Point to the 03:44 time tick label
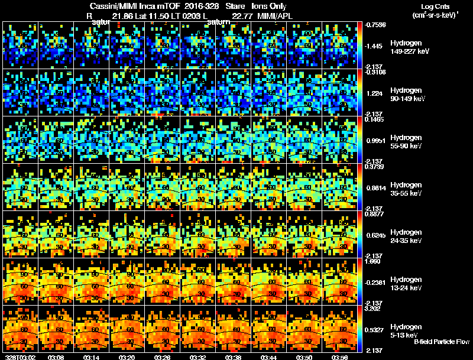(x=270, y=357)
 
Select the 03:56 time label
(x=340, y=357)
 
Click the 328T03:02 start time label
(x=19, y=357)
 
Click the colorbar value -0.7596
(x=376, y=25)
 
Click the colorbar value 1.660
(x=374, y=261)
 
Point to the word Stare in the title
(x=235, y=6)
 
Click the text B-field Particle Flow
(x=442, y=342)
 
